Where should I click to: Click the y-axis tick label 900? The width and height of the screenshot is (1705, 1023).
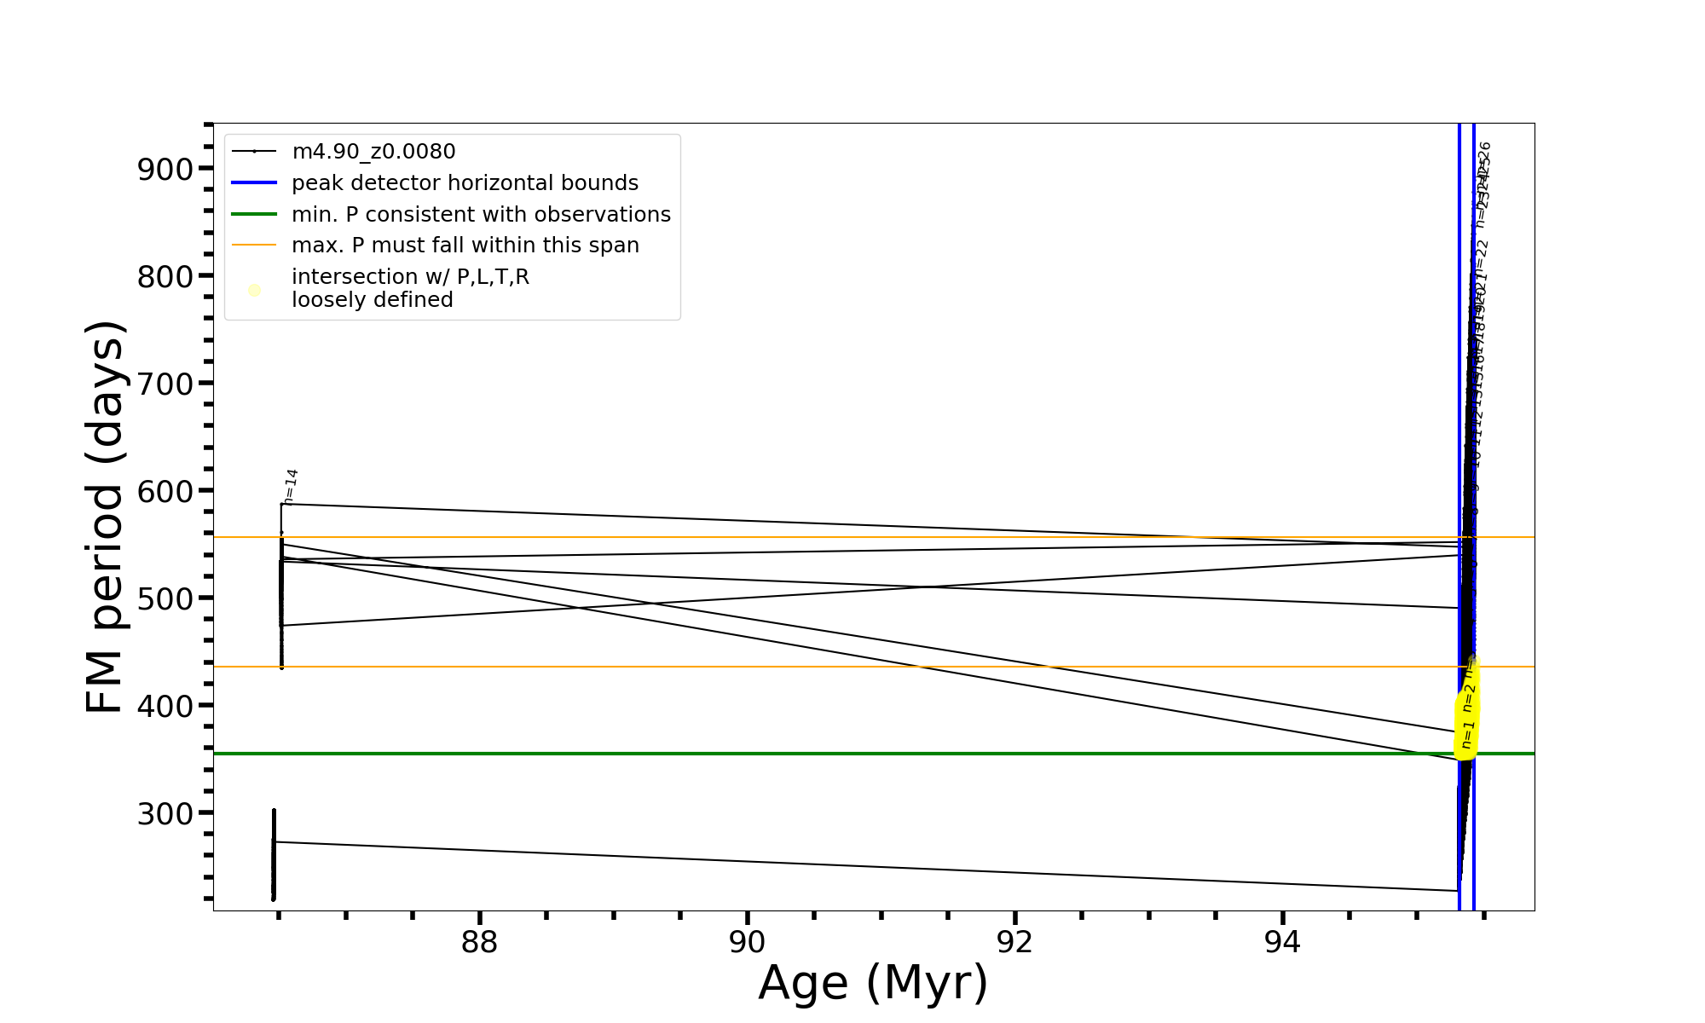(x=165, y=169)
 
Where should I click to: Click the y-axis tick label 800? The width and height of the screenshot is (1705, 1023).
(x=165, y=276)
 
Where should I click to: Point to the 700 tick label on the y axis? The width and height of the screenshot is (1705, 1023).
(x=165, y=384)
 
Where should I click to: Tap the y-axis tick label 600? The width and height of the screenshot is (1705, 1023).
(x=165, y=491)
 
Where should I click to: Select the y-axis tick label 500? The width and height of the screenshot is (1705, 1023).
(x=165, y=598)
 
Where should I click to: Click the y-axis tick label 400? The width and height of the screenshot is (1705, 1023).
(x=165, y=706)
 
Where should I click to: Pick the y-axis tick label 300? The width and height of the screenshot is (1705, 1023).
(x=165, y=813)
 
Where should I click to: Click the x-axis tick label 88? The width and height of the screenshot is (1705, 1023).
(x=479, y=943)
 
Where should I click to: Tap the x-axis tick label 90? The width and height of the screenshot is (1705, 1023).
(x=747, y=943)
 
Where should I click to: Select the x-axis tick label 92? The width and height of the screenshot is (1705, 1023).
(x=1014, y=943)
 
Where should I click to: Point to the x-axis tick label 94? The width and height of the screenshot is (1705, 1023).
(x=1282, y=943)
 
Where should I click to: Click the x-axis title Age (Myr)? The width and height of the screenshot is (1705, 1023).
(x=873, y=983)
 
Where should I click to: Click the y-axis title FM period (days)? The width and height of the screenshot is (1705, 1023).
(x=106, y=517)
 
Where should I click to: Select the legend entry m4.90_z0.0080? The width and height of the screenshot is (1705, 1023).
(x=373, y=152)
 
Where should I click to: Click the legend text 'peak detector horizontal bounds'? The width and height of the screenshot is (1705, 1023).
(x=465, y=183)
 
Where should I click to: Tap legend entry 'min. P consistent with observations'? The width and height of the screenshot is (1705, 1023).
(x=481, y=215)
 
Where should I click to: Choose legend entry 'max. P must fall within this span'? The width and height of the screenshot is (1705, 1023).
(x=465, y=246)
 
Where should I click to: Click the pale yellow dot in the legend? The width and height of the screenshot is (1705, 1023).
(x=254, y=291)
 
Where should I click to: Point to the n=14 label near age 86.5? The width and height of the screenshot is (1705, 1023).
(x=291, y=487)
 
